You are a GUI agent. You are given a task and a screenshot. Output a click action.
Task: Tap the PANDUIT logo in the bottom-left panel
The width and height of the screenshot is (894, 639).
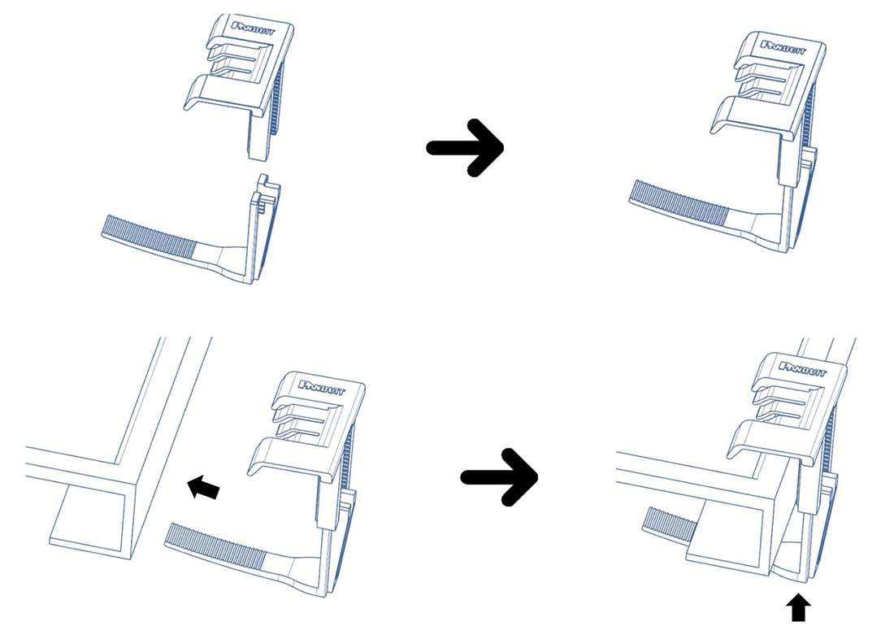(x=322, y=388)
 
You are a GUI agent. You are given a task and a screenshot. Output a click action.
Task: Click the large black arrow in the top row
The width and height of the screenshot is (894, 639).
(x=465, y=148)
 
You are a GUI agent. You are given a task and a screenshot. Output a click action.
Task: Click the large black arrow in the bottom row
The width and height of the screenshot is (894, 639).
(x=500, y=477)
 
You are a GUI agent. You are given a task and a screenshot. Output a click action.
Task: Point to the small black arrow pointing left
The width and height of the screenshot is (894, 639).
(x=203, y=487)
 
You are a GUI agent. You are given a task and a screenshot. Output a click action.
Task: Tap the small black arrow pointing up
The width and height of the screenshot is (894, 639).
(x=800, y=610)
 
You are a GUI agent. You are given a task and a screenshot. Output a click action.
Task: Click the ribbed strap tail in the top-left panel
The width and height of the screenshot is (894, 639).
(x=150, y=234)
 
